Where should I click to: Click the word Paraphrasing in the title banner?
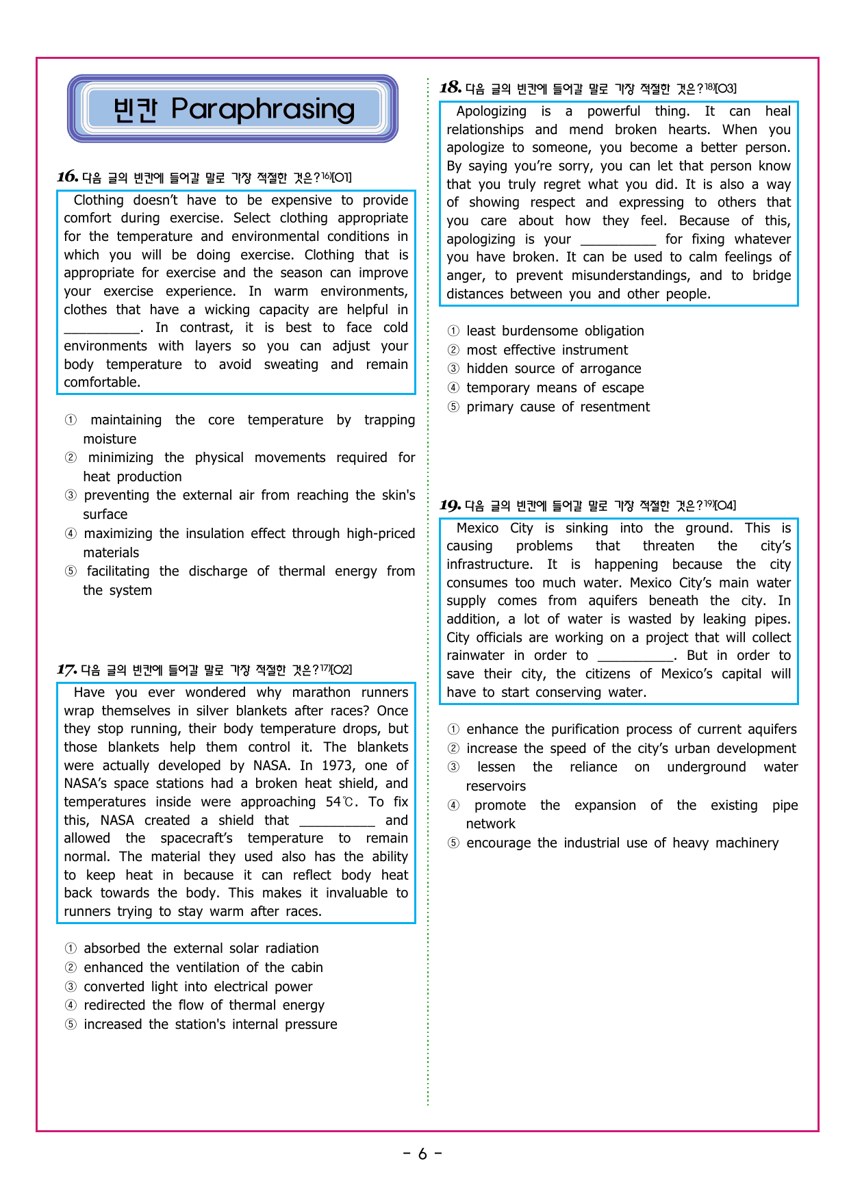(x=263, y=109)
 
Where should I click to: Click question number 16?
(x=67, y=177)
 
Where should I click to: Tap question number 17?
(x=66, y=669)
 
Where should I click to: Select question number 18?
(x=450, y=87)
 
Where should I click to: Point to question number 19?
(x=450, y=505)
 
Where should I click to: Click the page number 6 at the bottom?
(x=422, y=1154)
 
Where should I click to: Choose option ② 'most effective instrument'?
(x=547, y=350)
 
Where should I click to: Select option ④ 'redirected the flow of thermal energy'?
(x=204, y=1005)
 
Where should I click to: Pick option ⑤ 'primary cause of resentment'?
(x=558, y=407)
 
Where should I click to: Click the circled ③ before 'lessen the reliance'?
(x=453, y=767)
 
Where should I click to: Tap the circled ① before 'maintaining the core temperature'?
(x=71, y=420)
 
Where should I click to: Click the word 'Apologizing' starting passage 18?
(x=491, y=111)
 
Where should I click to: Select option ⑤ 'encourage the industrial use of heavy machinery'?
(x=622, y=843)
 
